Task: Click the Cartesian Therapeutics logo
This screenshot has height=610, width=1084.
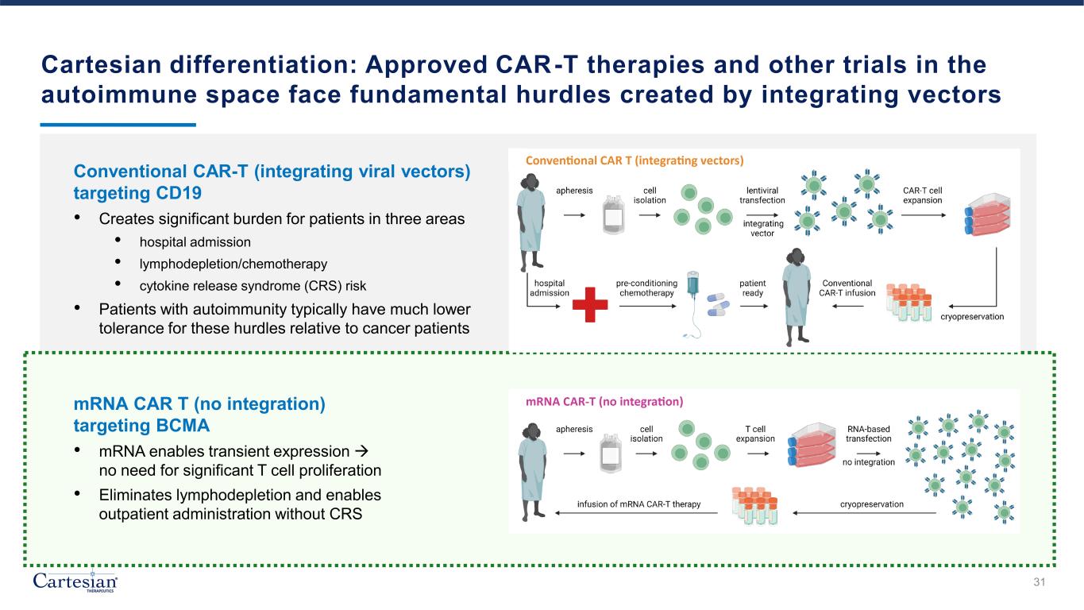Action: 75,581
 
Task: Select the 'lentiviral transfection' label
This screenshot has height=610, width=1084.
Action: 762,195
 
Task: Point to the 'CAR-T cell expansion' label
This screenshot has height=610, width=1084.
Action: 922,195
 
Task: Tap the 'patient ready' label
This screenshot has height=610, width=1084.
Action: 753,288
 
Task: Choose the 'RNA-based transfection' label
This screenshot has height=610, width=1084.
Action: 868,434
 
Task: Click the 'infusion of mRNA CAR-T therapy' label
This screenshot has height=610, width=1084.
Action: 638,504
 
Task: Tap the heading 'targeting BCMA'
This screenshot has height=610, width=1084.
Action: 141,425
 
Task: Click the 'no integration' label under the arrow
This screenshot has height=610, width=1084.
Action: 868,461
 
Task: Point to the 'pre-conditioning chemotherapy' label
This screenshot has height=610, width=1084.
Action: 646,288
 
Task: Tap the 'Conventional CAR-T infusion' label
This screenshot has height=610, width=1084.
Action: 847,288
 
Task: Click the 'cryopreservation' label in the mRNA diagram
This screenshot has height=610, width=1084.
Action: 871,504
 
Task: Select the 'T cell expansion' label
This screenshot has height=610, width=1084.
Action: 750,434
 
